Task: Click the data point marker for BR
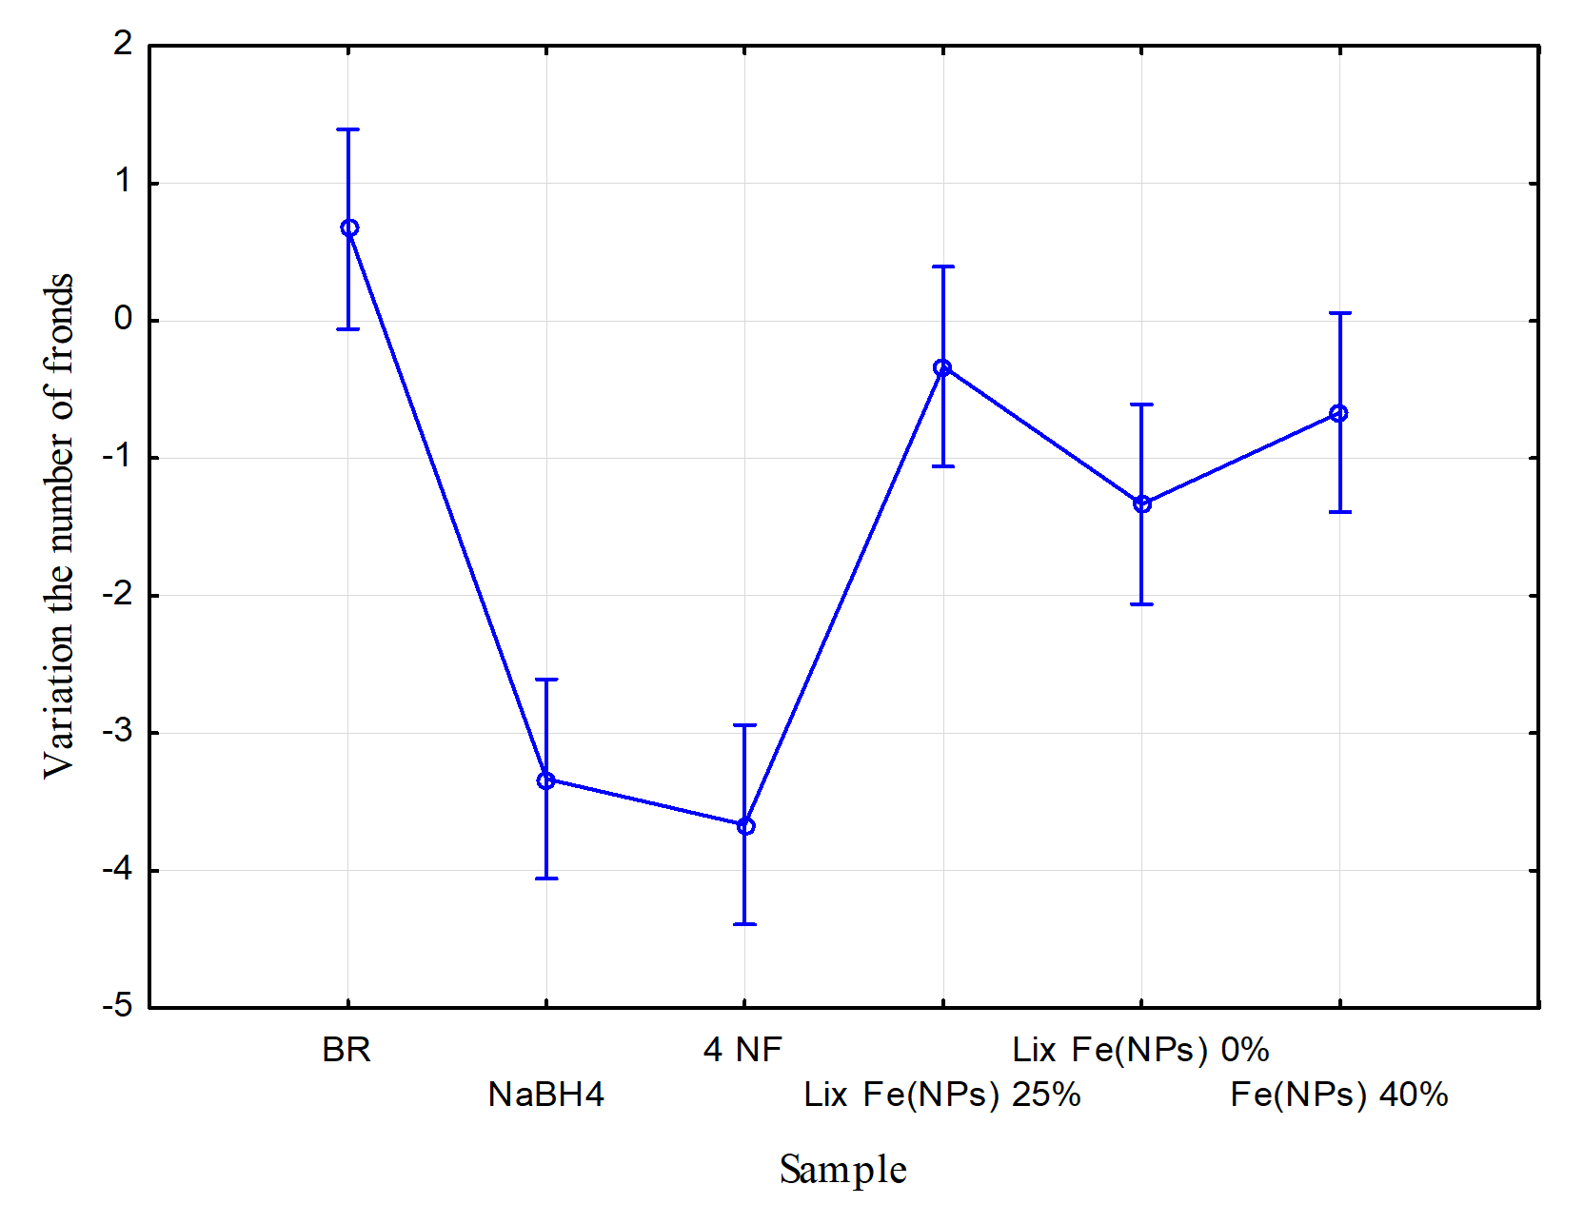[349, 228]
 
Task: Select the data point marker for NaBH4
[546, 780]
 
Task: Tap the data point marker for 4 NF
[745, 826]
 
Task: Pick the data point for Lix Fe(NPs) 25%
[942, 367]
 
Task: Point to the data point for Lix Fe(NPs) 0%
[1142, 503]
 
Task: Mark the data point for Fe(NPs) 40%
[1338, 413]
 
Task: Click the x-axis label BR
[346, 1050]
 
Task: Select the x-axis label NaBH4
[546, 1095]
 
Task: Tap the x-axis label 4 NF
[742, 1050]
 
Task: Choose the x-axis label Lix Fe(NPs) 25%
[942, 1095]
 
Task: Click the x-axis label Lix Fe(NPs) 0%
[1140, 1050]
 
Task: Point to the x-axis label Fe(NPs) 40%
[1338, 1095]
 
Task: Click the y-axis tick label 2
[123, 44]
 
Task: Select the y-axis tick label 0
[123, 319]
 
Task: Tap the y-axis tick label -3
[118, 732]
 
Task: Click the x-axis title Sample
[842, 1170]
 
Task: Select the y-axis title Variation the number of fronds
[59, 525]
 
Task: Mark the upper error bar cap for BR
[348, 129]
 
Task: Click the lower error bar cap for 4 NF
[744, 924]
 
